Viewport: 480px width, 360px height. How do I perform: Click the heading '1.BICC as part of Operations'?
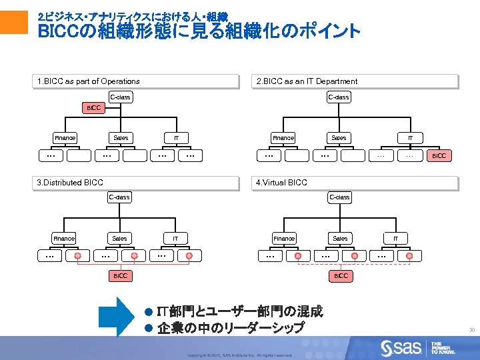click(x=88, y=81)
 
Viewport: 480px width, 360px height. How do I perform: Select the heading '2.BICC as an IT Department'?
click(x=307, y=81)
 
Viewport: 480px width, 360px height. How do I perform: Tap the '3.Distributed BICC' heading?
click(x=70, y=182)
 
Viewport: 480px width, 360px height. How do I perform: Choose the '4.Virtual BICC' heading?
click(x=282, y=182)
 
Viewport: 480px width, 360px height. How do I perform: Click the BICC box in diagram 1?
click(x=93, y=108)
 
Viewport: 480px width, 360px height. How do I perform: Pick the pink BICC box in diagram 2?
click(x=439, y=155)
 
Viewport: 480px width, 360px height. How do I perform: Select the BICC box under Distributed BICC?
click(x=120, y=275)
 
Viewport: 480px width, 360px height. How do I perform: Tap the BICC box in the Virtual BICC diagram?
click(x=340, y=275)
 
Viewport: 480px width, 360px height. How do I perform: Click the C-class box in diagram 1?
click(x=120, y=97)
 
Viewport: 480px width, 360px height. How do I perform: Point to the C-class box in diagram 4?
click(x=339, y=197)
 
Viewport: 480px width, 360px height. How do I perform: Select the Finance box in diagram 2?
click(x=283, y=138)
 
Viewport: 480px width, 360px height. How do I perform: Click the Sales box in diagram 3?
click(x=120, y=238)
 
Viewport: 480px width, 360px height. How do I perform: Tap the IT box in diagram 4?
click(x=395, y=238)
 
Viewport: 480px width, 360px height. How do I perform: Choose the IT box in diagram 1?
click(x=176, y=138)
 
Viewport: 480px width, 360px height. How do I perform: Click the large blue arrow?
click(x=117, y=317)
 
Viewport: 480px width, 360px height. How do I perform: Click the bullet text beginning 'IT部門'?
click(x=239, y=311)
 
